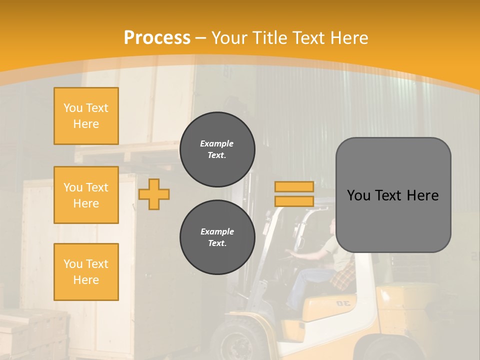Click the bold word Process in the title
(157, 37)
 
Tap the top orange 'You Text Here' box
(86, 116)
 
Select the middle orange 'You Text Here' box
(86, 195)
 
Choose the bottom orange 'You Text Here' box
(86, 271)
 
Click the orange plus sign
(154, 194)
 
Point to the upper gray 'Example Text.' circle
(217, 149)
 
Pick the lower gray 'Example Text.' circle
(217, 237)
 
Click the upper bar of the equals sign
(294, 187)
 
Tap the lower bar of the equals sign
(294, 201)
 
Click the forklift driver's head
(332, 227)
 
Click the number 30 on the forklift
(342, 303)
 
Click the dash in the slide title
(201, 38)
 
